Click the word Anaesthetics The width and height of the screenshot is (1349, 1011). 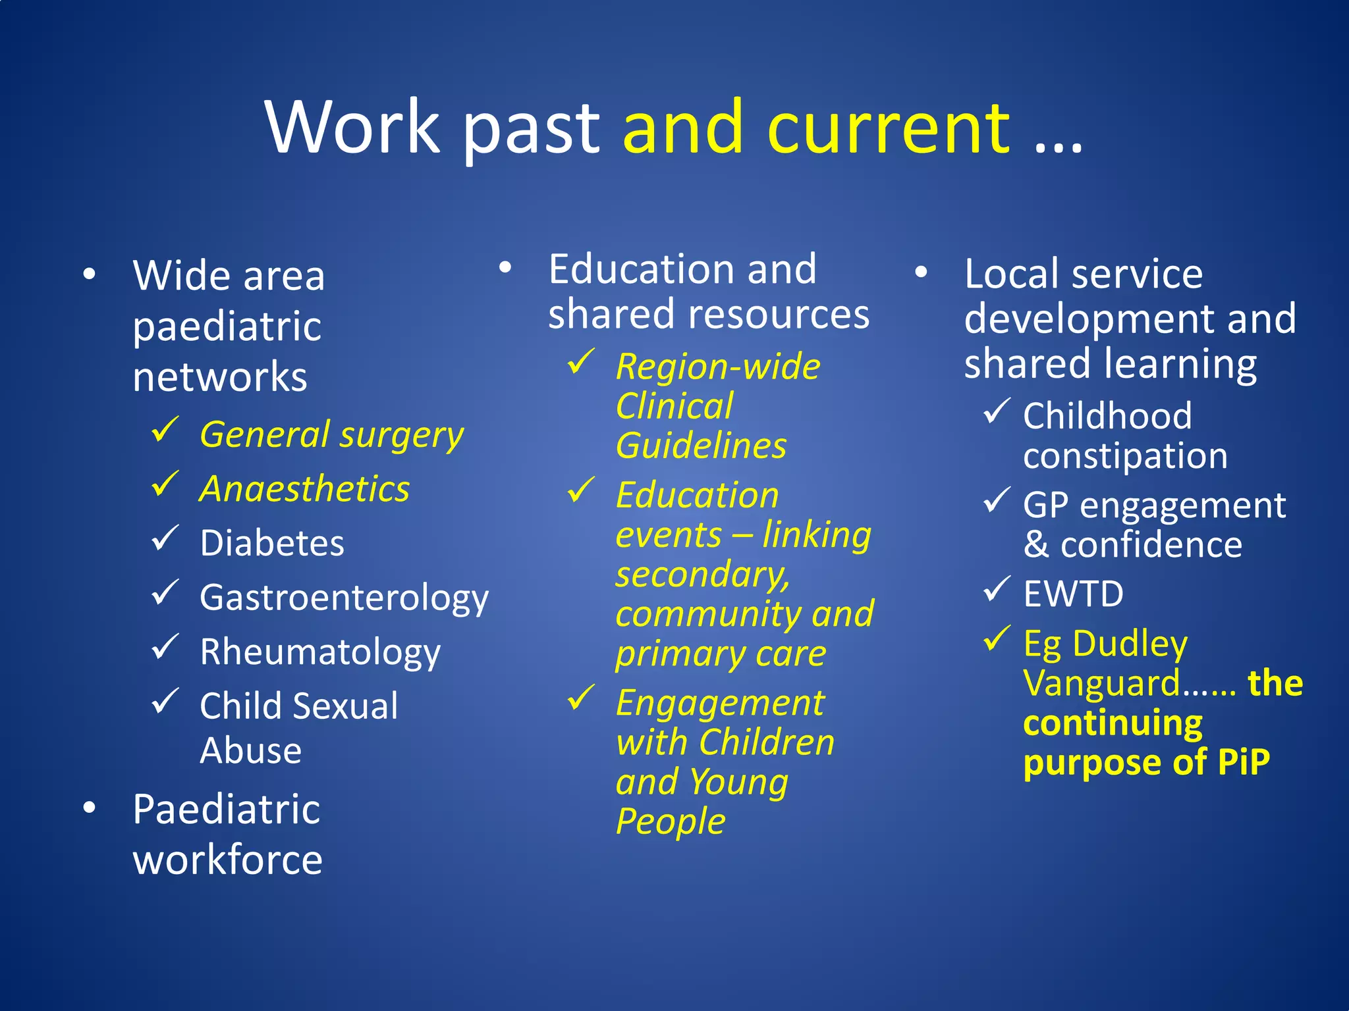point(304,489)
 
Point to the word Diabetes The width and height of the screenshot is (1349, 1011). point(272,543)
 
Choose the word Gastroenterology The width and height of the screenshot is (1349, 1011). point(344,598)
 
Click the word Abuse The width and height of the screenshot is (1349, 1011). point(250,750)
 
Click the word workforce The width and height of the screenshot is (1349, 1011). point(227,860)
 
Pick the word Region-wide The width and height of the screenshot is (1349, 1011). point(718,367)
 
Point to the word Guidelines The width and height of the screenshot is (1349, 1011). point(701,446)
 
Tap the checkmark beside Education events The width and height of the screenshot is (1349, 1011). point(581,490)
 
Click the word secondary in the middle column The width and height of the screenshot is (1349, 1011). point(702,575)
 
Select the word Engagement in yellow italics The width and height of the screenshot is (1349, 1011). point(720,703)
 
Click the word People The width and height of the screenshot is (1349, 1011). point(671,821)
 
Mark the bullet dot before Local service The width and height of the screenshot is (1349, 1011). point(921,272)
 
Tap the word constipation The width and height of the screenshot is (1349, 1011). point(1125,456)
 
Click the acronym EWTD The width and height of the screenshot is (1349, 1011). point(1073,594)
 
